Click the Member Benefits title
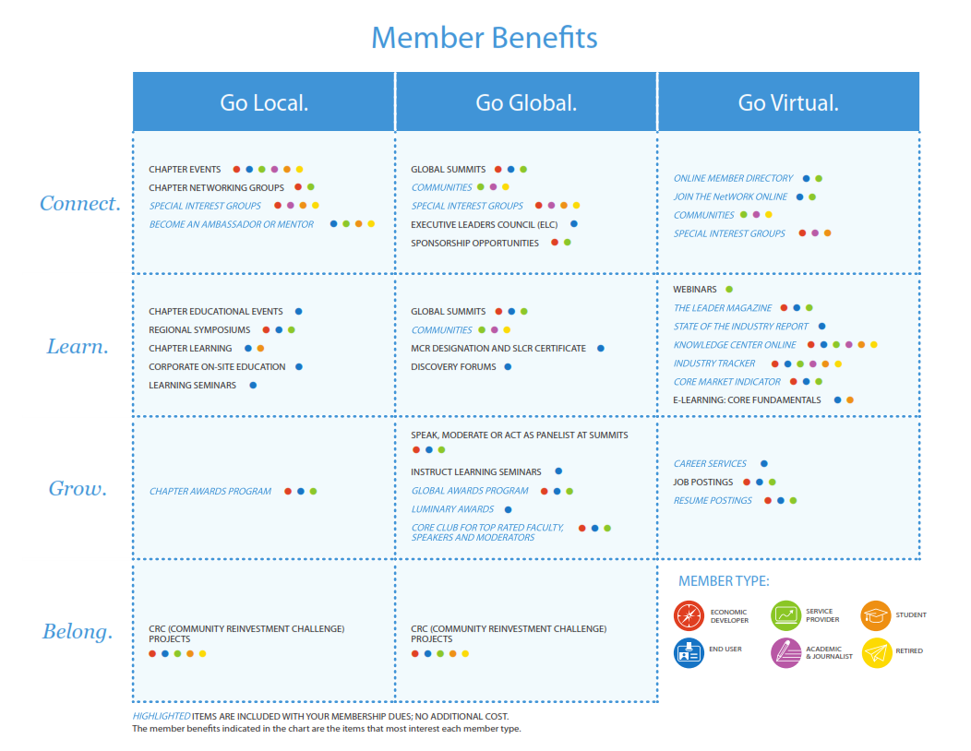(485, 38)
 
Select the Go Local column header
(264, 102)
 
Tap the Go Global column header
(526, 102)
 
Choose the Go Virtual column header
(788, 102)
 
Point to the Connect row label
(80, 204)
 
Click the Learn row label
(78, 347)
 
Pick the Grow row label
(78, 489)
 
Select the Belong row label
(78, 632)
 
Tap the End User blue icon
(689, 652)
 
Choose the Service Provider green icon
(785, 614)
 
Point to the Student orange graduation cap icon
(876, 614)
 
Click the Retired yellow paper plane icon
(876, 652)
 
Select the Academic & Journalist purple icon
(785, 652)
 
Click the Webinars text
(694, 290)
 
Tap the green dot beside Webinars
(729, 290)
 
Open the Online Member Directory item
(733, 178)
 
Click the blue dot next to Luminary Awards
(509, 509)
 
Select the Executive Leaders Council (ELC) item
(484, 224)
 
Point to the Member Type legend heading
(724, 581)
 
